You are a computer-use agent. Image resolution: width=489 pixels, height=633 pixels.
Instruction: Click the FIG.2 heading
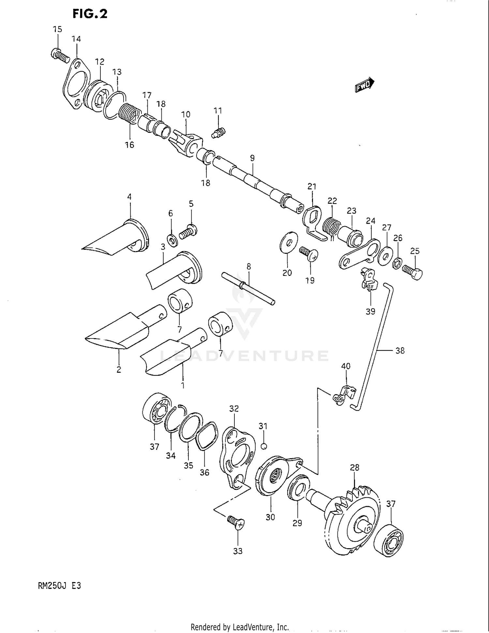click(90, 14)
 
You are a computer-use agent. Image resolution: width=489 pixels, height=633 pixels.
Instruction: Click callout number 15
click(57, 29)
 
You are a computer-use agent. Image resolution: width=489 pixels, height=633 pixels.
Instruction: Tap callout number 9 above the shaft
click(252, 158)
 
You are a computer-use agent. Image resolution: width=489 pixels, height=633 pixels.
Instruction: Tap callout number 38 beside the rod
click(400, 351)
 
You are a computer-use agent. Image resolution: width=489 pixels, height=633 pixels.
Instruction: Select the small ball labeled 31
click(264, 446)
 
